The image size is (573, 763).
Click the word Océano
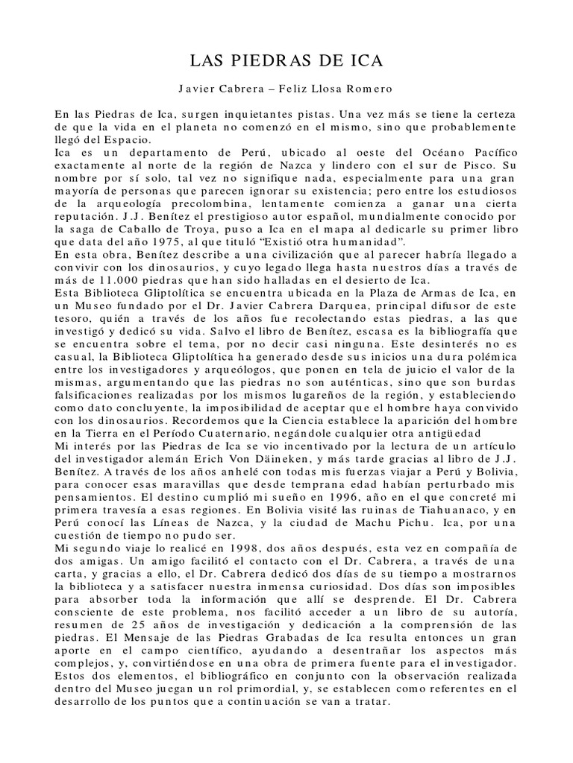click(416, 154)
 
